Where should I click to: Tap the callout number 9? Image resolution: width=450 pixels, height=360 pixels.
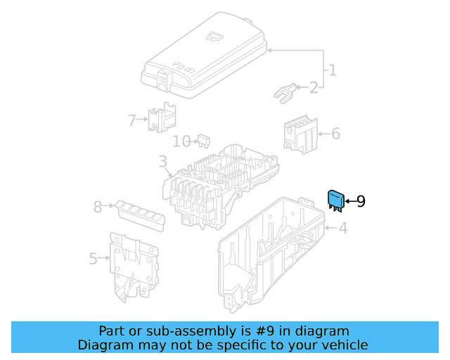(x=360, y=202)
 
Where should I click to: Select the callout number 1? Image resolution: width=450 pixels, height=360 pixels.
(x=332, y=70)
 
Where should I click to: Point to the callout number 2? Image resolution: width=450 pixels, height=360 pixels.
(x=313, y=88)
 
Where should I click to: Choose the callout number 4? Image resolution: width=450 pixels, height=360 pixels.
(x=342, y=228)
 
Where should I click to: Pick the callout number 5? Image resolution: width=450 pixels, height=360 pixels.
(x=94, y=259)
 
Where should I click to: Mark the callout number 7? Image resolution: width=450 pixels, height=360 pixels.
(x=131, y=120)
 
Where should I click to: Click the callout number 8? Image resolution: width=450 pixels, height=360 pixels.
(x=98, y=207)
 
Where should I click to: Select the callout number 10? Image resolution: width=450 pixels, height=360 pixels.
(x=181, y=141)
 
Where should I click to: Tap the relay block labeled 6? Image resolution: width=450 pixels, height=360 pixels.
(x=300, y=134)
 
